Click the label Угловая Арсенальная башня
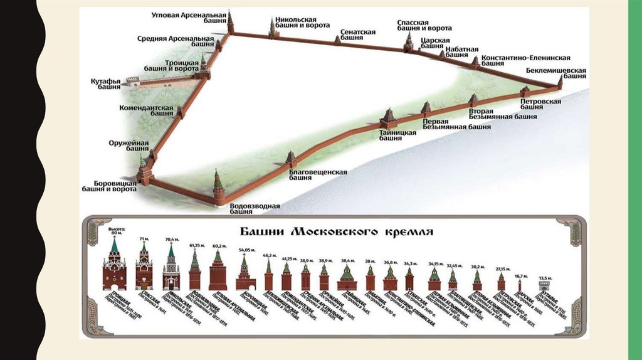point(188,18)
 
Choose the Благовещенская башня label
point(318,174)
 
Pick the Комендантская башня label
point(146,111)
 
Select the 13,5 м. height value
point(545,278)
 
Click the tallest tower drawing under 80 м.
point(115,265)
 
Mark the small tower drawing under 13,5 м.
point(545,287)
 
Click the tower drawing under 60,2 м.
point(218,271)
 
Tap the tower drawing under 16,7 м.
point(520,285)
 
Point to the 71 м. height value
point(144,240)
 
